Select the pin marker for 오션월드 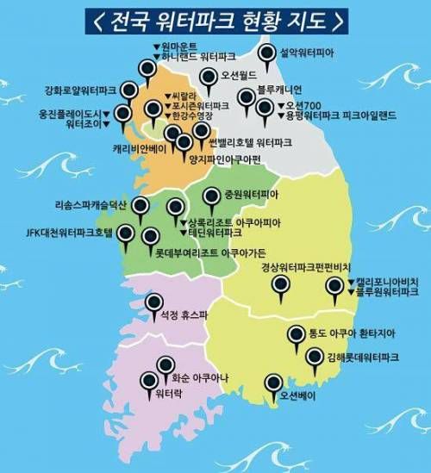[208, 78]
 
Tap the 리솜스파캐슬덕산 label [91, 205]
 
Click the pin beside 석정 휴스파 [154, 302]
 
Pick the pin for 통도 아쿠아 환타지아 [296, 333]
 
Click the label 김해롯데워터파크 [362, 356]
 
